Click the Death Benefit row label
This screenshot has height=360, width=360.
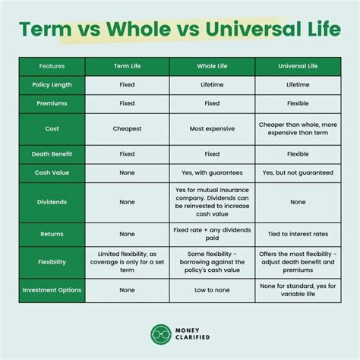click(x=52, y=153)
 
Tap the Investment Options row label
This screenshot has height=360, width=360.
click(x=52, y=289)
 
